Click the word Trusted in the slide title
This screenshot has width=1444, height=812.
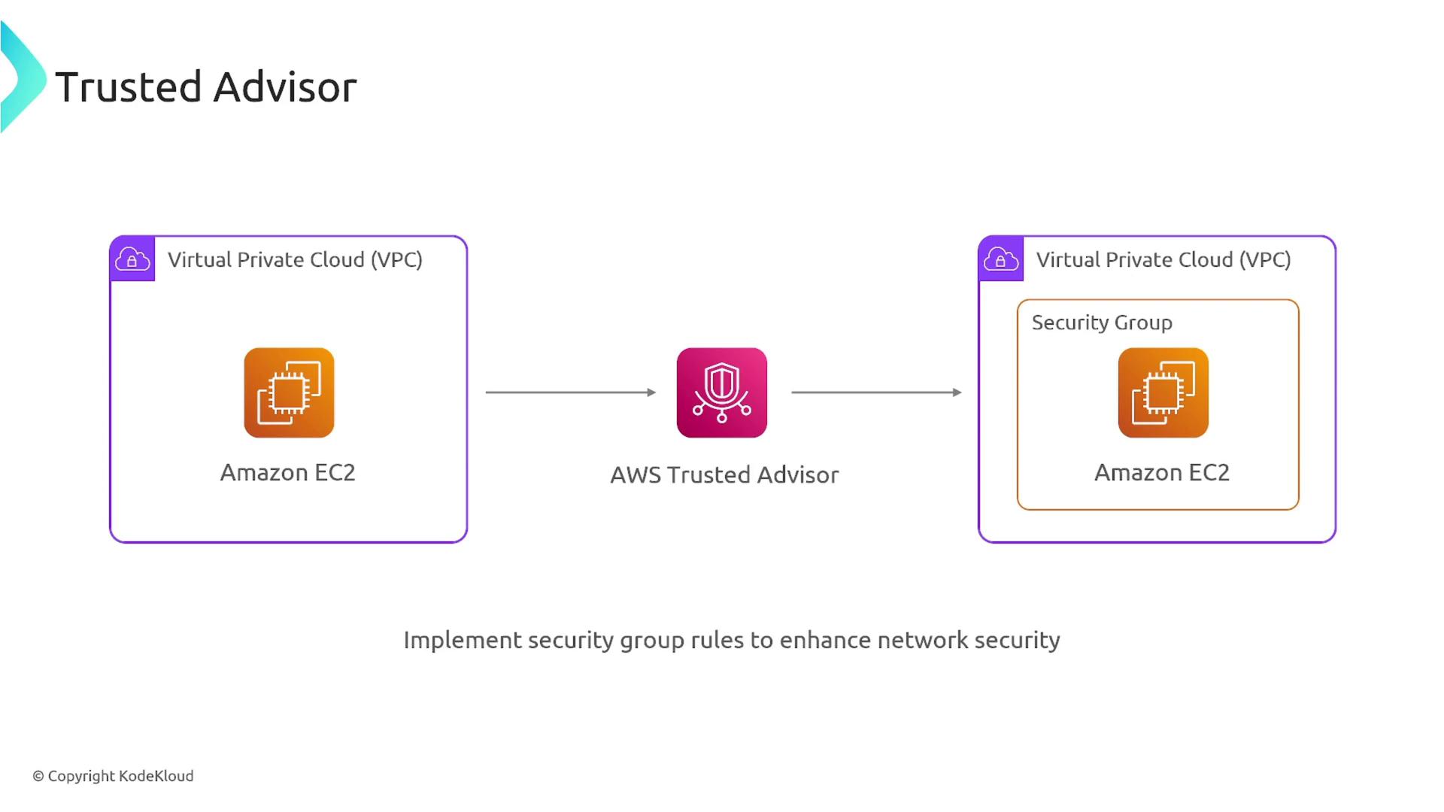(129, 87)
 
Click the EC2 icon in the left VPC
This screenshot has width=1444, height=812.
(289, 392)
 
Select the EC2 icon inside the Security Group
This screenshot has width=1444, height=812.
(1163, 392)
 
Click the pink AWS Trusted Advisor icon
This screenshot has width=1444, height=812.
(722, 392)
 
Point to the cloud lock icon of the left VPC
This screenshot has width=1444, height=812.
(132, 259)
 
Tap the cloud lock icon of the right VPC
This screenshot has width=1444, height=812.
(1001, 259)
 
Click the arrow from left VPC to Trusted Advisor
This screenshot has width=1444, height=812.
(570, 392)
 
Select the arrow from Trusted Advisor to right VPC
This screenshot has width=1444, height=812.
(876, 392)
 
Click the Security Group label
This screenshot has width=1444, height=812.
(1102, 323)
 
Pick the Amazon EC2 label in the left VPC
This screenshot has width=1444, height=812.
(287, 473)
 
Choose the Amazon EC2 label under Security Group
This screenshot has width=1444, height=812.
(1162, 473)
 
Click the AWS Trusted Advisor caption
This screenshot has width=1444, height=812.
(724, 475)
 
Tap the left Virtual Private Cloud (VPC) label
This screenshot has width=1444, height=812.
(295, 260)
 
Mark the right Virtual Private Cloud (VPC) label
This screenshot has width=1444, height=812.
(1163, 260)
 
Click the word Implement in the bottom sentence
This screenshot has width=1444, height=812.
(462, 641)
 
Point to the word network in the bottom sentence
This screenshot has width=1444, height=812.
(922, 641)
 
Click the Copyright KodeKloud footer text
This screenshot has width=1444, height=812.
(113, 776)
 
